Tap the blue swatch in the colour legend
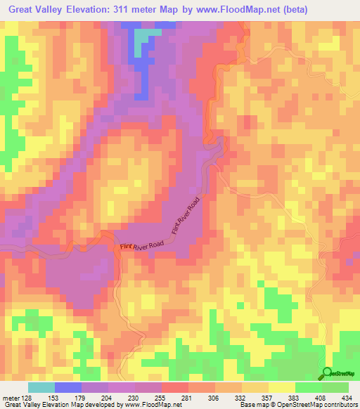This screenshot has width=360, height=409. pyautogui.click(x=67, y=387)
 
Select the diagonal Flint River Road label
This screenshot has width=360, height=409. pyautogui.click(x=186, y=216)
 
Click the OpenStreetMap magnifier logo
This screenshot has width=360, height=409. pyautogui.click(x=328, y=374)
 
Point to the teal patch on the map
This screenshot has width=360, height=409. pyautogui.click(x=144, y=37)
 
